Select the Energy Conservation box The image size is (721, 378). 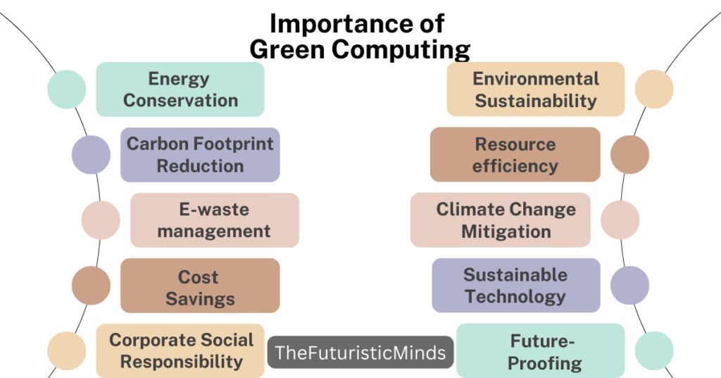pyautogui.click(x=180, y=90)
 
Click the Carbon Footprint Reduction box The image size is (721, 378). pyautogui.click(x=200, y=154)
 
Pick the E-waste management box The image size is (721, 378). pyautogui.click(x=214, y=220)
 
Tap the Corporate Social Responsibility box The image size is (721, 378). pyautogui.click(x=180, y=350)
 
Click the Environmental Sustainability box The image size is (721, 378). pyautogui.click(x=536, y=89)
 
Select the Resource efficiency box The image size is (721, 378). pyautogui.click(x=515, y=154)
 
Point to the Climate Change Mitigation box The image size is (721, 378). pyautogui.click(x=501, y=220)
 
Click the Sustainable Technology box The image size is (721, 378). pyautogui.click(x=516, y=286)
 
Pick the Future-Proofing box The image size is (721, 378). pyautogui.click(x=541, y=351)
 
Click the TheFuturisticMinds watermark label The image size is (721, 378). pyautogui.click(x=360, y=353)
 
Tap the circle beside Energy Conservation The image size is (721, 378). pyautogui.click(x=67, y=90)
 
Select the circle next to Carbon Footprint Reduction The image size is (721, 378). pyautogui.click(x=92, y=154)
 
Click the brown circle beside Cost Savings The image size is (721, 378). pyautogui.click(x=92, y=286)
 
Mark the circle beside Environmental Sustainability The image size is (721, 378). pyautogui.click(x=655, y=90)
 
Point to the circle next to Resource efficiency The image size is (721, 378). pyautogui.click(x=630, y=154)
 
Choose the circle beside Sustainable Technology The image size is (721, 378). pyautogui.click(x=630, y=286)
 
